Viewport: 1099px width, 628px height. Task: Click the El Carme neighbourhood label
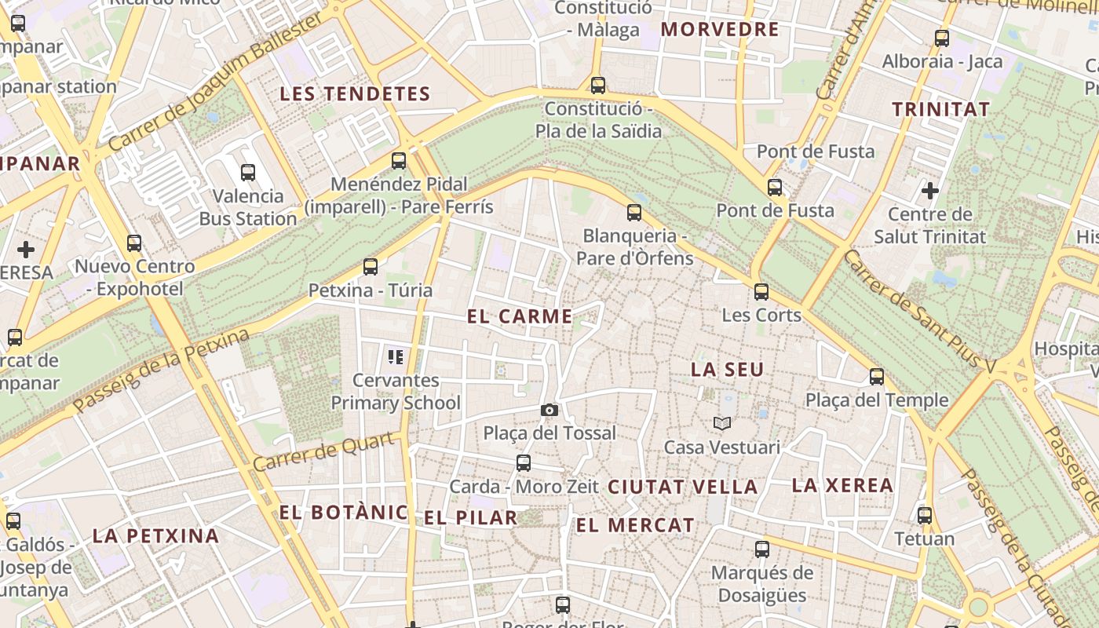point(520,316)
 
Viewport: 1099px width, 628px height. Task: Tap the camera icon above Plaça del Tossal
point(549,410)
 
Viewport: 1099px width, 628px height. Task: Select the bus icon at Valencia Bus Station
point(248,172)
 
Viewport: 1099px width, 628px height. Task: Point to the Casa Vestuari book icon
point(722,424)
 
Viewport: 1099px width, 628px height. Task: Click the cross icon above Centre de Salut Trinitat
point(930,190)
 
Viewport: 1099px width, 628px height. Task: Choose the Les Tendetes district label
point(355,94)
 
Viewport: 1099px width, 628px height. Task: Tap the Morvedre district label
point(720,30)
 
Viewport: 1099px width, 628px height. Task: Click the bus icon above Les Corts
point(761,292)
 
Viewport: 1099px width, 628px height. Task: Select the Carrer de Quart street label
point(323,452)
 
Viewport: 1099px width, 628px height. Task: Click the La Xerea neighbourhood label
point(842,485)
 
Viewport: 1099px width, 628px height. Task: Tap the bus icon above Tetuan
point(925,516)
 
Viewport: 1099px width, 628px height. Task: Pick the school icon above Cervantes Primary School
point(396,358)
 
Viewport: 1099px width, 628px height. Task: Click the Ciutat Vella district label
point(683,487)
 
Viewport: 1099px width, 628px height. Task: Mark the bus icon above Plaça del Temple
point(877,377)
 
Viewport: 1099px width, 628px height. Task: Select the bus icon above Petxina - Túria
point(371,267)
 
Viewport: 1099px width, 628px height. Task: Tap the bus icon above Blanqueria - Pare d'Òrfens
point(633,212)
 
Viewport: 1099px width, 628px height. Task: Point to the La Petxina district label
point(155,536)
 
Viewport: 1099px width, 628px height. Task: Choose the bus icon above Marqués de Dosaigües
point(761,549)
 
